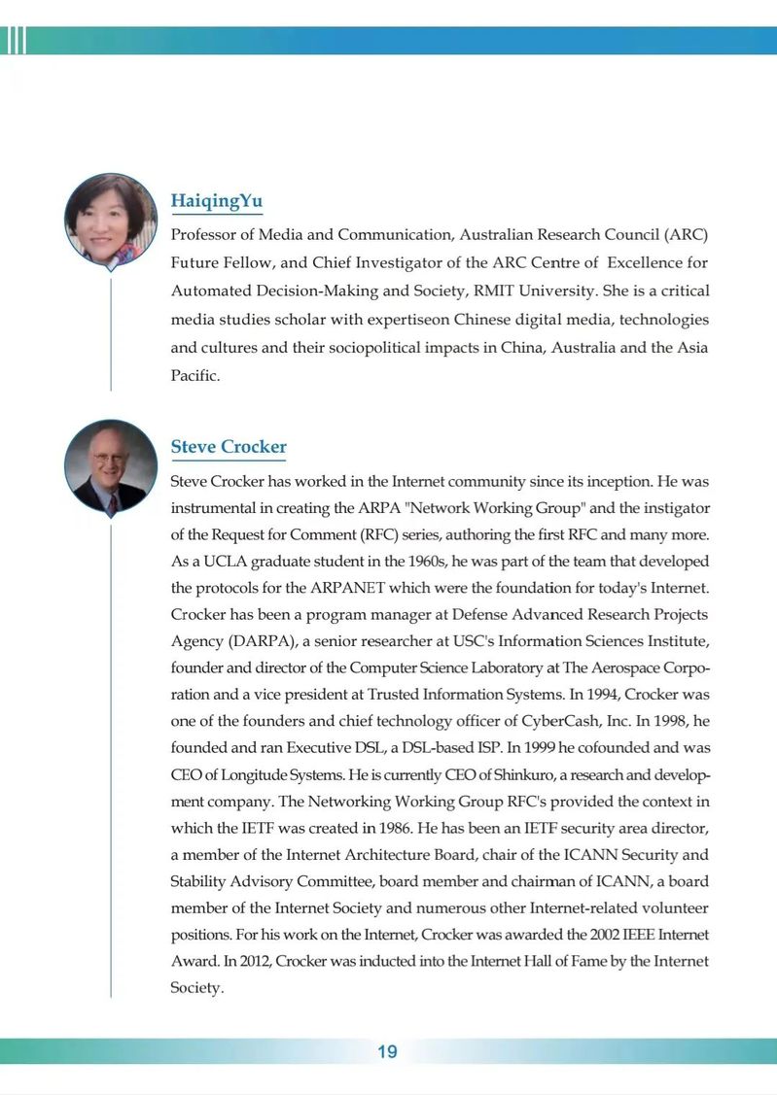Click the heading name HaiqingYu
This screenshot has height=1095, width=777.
coord(216,201)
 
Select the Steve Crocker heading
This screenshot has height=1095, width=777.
coord(229,447)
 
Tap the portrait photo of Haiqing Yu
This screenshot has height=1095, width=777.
coord(110,221)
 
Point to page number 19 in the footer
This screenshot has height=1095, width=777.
coord(387,1051)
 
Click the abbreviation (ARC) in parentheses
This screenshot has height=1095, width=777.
coord(686,234)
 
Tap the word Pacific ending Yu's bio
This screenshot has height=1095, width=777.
coord(194,375)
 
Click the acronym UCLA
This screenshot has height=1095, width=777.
coord(216,562)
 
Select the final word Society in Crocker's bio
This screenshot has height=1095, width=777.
coord(196,988)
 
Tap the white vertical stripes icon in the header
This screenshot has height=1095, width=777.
coord(16,40)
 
